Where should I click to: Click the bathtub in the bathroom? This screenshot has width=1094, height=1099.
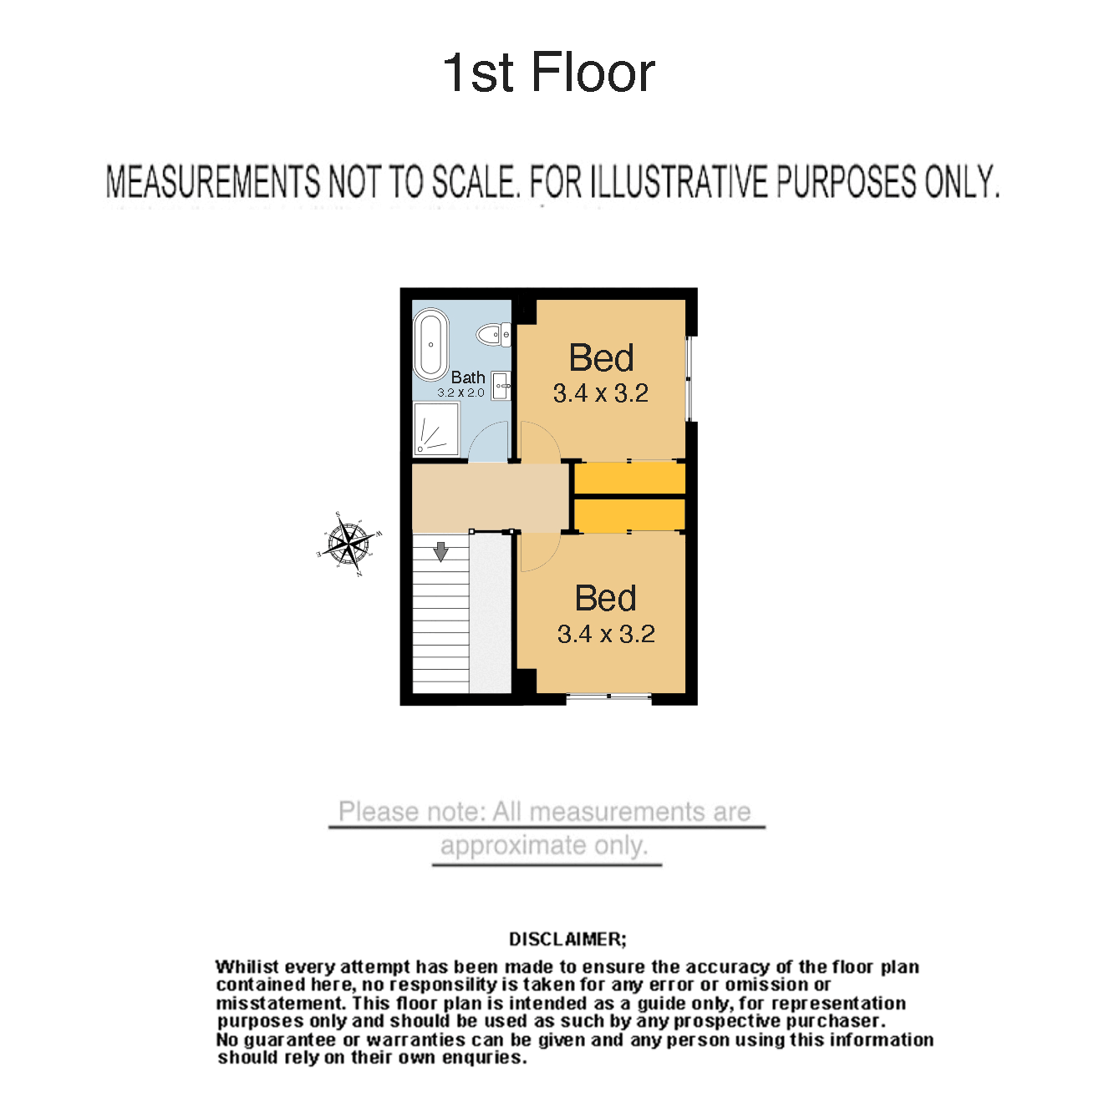430,344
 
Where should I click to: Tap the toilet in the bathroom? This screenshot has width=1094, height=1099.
493,334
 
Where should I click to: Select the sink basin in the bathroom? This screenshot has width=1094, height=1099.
501,386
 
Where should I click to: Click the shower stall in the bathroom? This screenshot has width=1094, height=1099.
436,429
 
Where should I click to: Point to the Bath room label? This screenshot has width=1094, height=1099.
468,377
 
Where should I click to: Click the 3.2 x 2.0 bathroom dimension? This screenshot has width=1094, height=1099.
460,392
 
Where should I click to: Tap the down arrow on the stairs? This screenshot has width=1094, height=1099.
440,551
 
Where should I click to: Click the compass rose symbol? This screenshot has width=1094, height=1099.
349,542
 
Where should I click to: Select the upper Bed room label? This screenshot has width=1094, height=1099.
601,357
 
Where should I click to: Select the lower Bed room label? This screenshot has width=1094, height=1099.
605,598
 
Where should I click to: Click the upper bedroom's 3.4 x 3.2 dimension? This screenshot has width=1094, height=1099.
601,393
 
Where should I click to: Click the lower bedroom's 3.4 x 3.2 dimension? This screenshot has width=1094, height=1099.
606,634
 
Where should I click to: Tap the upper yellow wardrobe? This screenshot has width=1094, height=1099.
629,478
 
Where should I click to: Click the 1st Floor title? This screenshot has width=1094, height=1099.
549,72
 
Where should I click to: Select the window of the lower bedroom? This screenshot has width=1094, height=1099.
608,696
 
